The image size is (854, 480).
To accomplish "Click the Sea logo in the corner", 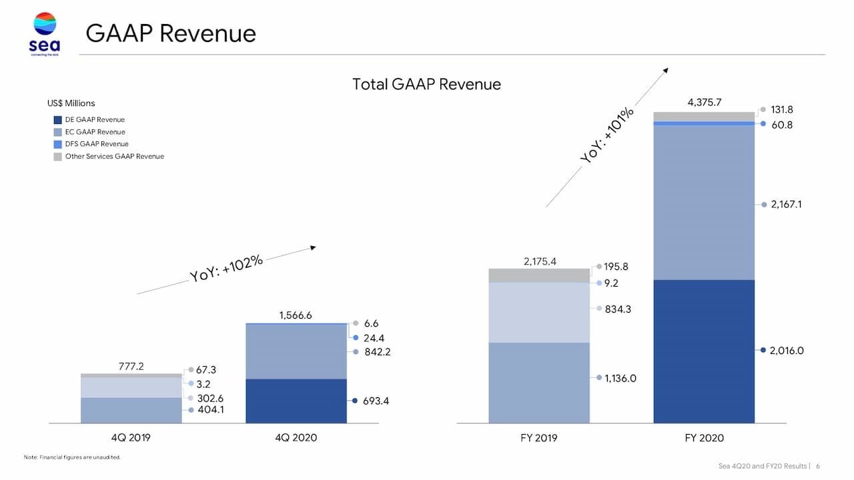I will coord(44,33).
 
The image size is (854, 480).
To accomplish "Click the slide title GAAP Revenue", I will coord(171,33).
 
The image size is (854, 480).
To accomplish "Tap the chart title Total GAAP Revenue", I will coord(426,84).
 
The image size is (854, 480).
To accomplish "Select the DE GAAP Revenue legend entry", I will coord(95,120).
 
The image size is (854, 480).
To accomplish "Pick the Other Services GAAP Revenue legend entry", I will coord(114,157).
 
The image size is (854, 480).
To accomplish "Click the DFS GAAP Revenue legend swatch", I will coord(57,144).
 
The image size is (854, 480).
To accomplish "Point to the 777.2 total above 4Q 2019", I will coord(131,366).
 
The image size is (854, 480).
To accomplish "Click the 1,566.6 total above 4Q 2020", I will coord(296,315).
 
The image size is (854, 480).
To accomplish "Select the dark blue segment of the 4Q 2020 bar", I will coord(296,401).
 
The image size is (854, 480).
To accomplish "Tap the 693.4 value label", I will coord(376,401).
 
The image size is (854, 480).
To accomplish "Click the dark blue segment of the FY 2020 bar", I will coord(704,351).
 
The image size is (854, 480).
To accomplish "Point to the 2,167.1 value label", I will coord(786,205).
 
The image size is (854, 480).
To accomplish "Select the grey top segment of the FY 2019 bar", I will coord(539,275).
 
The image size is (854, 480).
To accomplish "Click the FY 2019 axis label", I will coord(539,438).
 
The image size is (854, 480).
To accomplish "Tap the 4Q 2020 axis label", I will coord(296,438).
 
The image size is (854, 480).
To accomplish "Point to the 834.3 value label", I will coord(618,309).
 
